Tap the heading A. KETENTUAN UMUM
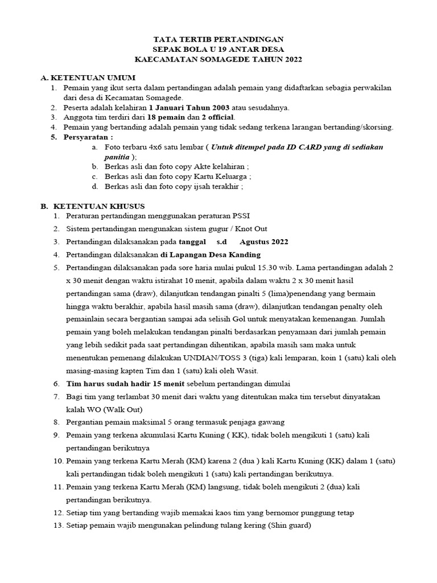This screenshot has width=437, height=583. (88, 77)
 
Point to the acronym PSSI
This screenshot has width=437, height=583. (238, 216)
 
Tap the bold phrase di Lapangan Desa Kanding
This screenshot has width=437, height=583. (211, 254)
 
